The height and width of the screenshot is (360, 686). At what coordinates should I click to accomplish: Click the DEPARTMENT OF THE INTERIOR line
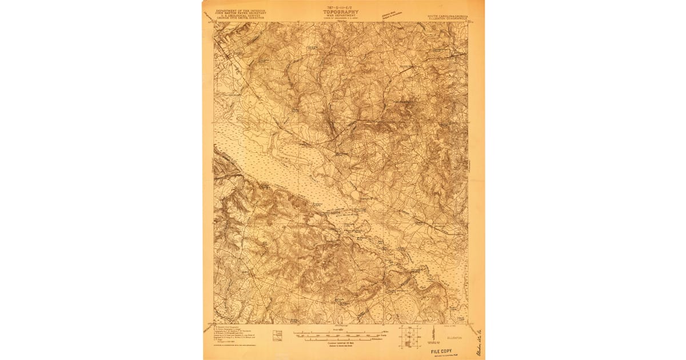[x=236, y=9]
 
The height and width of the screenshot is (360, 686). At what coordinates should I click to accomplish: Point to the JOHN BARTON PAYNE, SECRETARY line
[x=236, y=12]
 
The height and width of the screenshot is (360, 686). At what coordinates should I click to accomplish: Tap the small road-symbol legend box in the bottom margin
[x=278, y=335]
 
